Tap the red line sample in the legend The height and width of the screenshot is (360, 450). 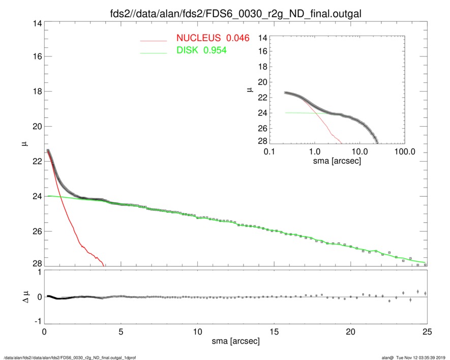point(154,40)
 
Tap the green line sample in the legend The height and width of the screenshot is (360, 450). point(154,52)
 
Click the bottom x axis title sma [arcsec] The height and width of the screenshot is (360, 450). point(235,342)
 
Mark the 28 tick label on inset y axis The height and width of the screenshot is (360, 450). point(263,140)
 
